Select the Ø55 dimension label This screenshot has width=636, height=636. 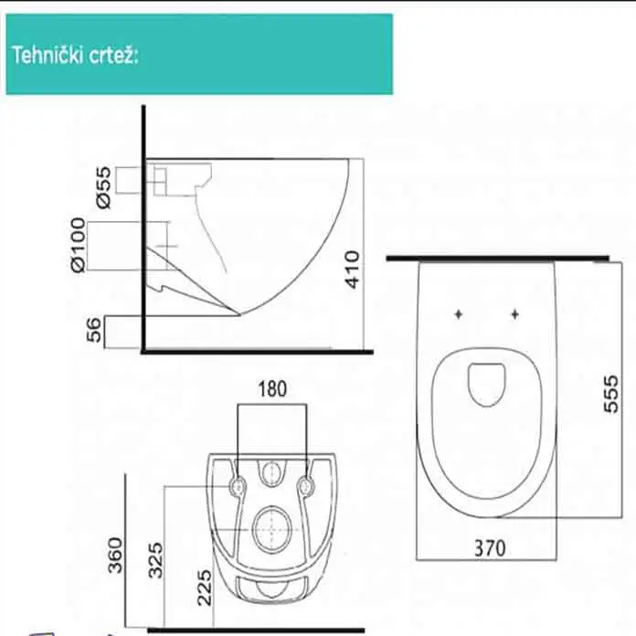[x=102, y=185]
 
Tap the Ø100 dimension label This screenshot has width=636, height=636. [x=77, y=244]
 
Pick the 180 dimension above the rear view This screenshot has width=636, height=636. [x=270, y=388]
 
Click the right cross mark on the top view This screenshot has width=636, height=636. [x=514, y=314]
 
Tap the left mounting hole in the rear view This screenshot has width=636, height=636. [x=238, y=486]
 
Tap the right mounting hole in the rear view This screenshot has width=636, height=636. [x=305, y=486]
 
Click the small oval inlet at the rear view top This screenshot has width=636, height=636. [x=271, y=473]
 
